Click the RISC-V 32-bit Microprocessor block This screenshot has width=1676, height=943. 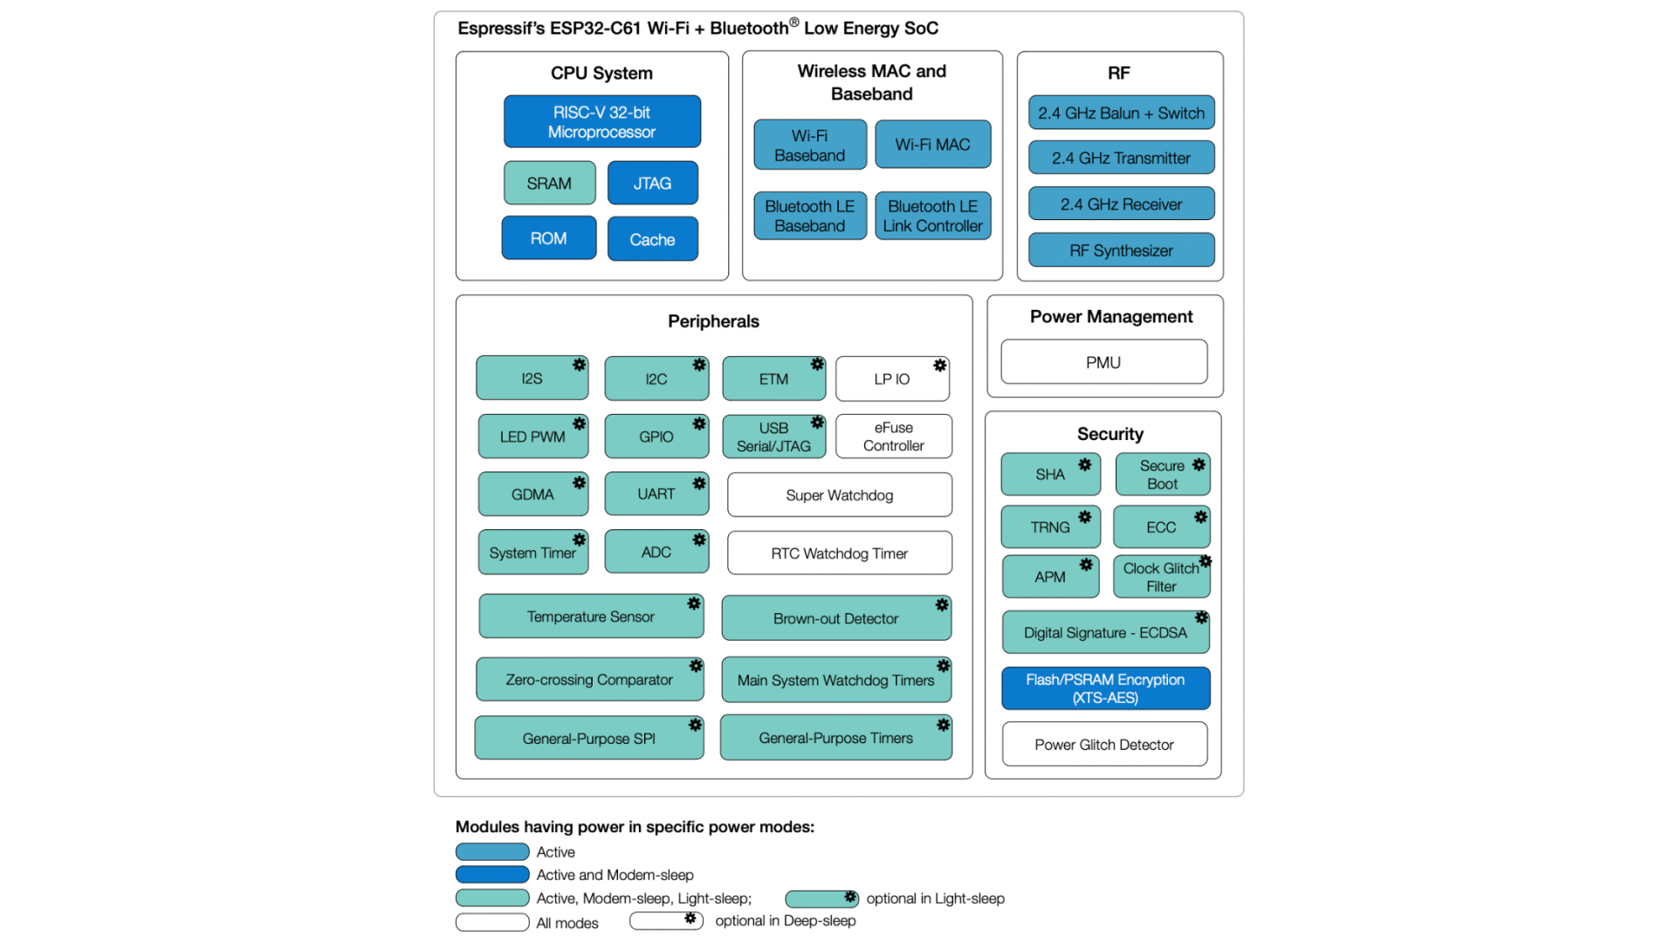click(601, 121)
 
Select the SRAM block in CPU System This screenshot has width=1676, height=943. click(549, 183)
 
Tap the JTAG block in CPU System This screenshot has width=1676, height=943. click(652, 183)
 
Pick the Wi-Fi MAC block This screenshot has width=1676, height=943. click(932, 145)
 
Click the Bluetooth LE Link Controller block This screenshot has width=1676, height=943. click(932, 216)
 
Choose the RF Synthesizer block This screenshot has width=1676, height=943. click(1121, 251)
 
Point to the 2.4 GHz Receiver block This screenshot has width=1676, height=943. click(1121, 204)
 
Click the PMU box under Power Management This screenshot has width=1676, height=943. click(1103, 362)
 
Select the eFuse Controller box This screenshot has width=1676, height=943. click(893, 437)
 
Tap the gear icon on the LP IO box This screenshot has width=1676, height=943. click(939, 366)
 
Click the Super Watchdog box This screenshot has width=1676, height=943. click(839, 495)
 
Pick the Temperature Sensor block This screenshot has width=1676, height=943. click(590, 616)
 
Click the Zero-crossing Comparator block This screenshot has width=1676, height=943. click(589, 679)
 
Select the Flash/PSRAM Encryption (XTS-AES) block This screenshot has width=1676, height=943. click(1105, 688)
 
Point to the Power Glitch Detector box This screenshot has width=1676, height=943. click(1104, 745)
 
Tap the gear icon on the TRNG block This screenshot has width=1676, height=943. click(1084, 517)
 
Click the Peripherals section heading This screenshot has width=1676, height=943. click(713, 321)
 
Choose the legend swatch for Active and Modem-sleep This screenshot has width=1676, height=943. click(492, 875)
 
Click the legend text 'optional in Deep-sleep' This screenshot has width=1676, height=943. click(785, 921)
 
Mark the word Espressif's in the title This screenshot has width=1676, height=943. click(501, 29)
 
